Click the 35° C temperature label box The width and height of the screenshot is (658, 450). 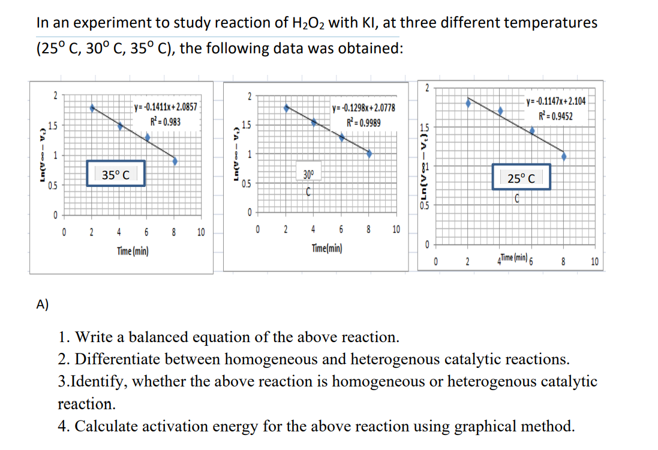coord(115,174)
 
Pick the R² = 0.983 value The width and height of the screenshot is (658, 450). coord(166,122)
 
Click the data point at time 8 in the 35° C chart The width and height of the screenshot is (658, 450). coord(175,161)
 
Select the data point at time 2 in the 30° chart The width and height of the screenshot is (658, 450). coord(287,108)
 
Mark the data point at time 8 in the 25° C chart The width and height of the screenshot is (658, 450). coord(564,156)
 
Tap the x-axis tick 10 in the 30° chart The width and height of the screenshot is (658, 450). coord(395,229)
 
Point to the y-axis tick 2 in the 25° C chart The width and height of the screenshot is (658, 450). coord(426,87)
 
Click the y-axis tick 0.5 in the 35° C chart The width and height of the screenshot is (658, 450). coord(53,185)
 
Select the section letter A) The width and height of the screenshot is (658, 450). coord(43,304)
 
